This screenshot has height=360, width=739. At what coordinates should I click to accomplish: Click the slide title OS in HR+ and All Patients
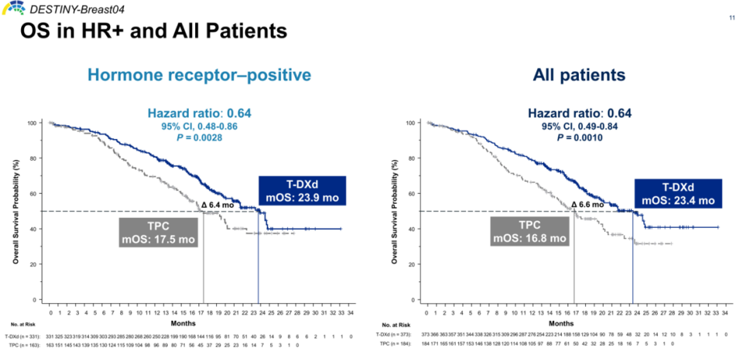tap(153, 31)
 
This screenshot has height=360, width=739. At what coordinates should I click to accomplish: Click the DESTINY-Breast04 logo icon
tap(13, 8)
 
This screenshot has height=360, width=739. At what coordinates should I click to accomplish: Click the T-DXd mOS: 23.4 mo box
tap(677, 194)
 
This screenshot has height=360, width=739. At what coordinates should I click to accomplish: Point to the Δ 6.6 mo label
tap(587, 204)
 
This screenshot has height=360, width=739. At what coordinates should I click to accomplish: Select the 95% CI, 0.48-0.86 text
tap(195, 126)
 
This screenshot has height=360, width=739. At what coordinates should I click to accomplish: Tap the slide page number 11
tap(723, 18)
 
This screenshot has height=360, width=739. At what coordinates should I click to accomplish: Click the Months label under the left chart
tap(198, 322)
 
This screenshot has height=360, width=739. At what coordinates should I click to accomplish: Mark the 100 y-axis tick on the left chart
tap(31, 123)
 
